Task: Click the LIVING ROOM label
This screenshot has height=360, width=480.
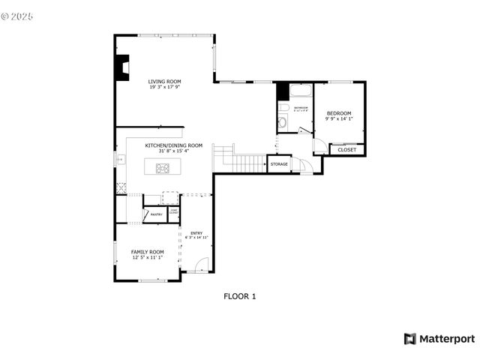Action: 164,82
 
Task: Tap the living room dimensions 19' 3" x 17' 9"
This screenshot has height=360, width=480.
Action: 164,88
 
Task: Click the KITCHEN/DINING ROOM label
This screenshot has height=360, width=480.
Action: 174,145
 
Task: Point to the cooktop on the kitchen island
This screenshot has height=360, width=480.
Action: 163,167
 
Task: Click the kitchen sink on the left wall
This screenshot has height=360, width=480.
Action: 119,159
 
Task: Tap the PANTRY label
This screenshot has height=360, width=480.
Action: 156,215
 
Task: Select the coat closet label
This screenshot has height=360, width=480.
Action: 173,212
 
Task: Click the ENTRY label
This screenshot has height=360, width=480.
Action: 196,233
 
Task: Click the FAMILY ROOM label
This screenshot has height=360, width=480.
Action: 147,252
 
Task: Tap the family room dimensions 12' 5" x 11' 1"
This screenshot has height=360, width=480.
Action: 147,258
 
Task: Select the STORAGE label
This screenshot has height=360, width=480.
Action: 279,163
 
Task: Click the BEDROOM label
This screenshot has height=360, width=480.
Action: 339,113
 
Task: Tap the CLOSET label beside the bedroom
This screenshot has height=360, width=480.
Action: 347,150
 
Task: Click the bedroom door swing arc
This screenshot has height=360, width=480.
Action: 319,145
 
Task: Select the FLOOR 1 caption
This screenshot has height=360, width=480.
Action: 240,296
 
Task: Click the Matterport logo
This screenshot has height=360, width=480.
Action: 439,339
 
